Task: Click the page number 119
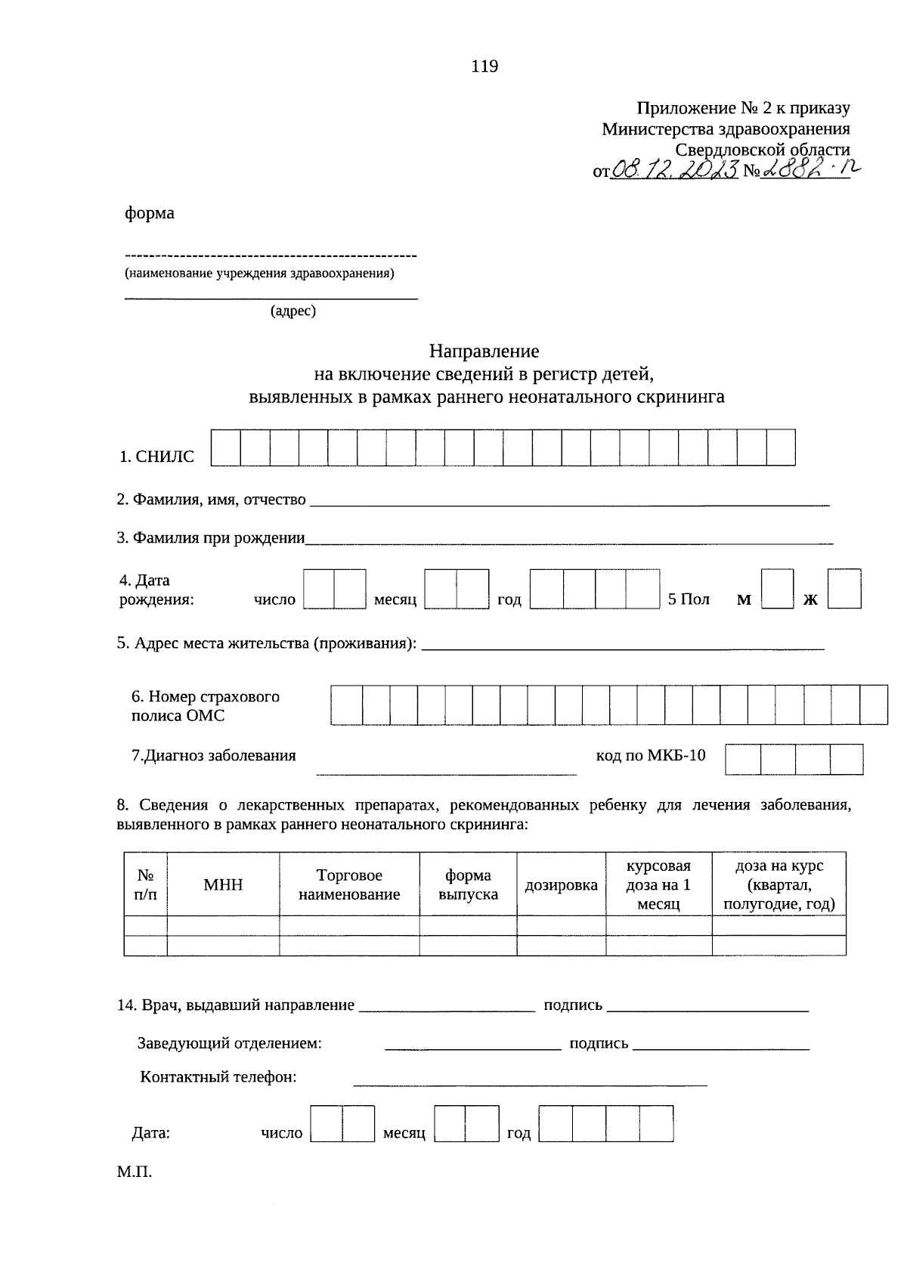[x=484, y=67]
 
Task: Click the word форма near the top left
[x=150, y=214]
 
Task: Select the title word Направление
[x=484, y=351]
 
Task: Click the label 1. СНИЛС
[x=156, y=457]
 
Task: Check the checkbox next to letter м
[x=778, y=590]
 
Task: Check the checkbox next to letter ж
[x=844, y=590]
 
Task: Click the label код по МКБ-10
[x=651, y=755]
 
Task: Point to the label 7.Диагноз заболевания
[x=214, y=755]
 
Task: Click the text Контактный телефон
[x=218, y=1077]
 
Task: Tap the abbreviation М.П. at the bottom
[x=135, y=1173]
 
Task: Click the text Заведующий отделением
[x=230, y=1044]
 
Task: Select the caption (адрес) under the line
[x=293, y=311]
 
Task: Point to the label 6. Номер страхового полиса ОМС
[x=206, y=706]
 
